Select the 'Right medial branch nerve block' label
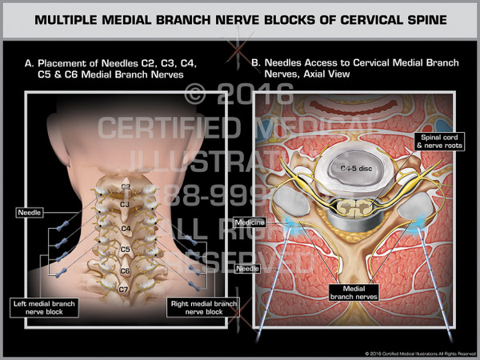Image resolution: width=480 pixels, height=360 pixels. pyautogui.click(x=201, y=308)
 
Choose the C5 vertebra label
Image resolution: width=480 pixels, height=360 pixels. pyautogui.click(x=126, y=250)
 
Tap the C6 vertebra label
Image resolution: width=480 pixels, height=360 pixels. pyautogui.click(x=126, y=271)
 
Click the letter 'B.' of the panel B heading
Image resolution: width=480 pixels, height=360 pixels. pyautogui.click(x=256, y=61)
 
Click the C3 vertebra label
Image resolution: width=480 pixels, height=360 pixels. pyautogui.click(x=126, y=205)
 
